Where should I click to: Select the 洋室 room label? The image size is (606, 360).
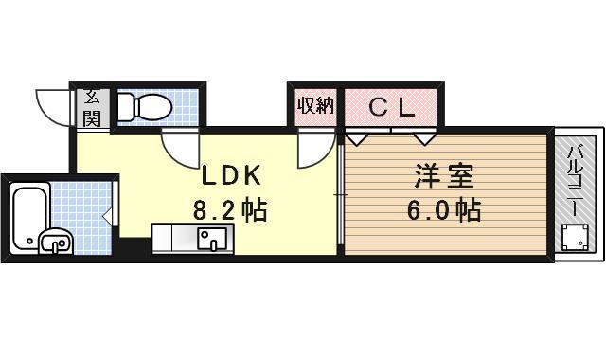pos(442,176)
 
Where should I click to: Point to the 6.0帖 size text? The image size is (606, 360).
pos(443,209)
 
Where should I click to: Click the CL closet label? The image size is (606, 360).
pos(390,106)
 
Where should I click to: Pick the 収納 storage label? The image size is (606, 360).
pos(315,106)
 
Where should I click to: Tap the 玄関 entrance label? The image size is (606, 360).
pos(92,106)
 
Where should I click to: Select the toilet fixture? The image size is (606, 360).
pos(147,107)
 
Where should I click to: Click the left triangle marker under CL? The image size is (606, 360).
pos(357,139)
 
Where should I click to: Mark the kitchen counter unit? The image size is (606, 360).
pos(194,238)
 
